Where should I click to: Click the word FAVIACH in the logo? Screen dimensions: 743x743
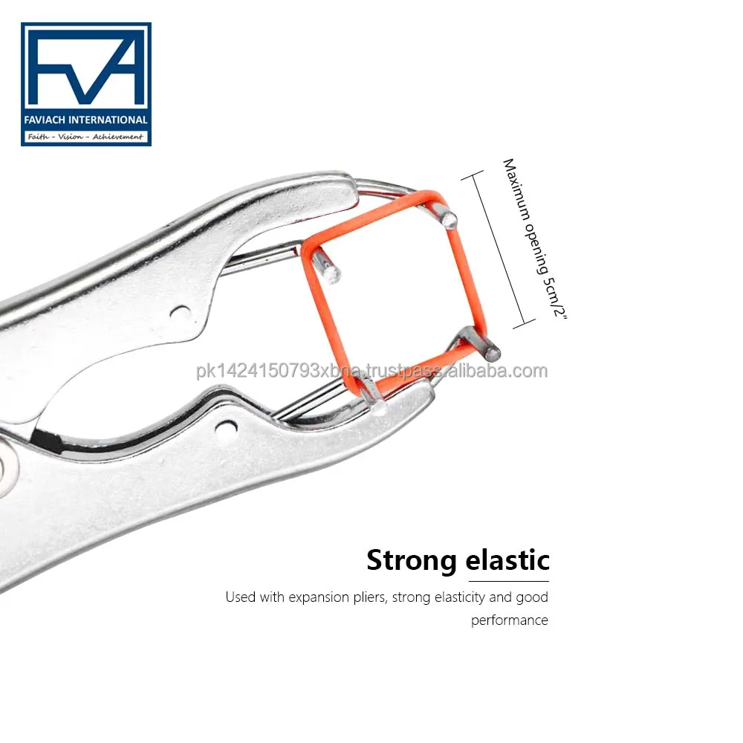click(45, 120)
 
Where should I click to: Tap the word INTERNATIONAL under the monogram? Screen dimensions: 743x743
click(108, 120)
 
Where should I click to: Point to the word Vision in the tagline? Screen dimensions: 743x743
click(70, 137)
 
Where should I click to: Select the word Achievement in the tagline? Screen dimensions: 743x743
click(117, 137)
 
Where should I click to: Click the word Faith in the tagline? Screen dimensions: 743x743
click(38, 137)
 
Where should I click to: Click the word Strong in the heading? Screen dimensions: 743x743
click(410, 560)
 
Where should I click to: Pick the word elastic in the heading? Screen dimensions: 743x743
click(507, 559)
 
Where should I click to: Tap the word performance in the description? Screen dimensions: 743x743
click(510, 620)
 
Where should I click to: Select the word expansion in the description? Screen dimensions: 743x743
click(319, 597)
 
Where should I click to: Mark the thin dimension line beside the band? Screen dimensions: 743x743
click(499, 249)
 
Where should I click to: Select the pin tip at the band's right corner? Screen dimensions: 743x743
click(493, 352)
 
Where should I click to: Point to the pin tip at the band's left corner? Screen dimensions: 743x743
click(331, 273)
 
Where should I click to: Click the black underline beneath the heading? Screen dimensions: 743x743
click(508, 581)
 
